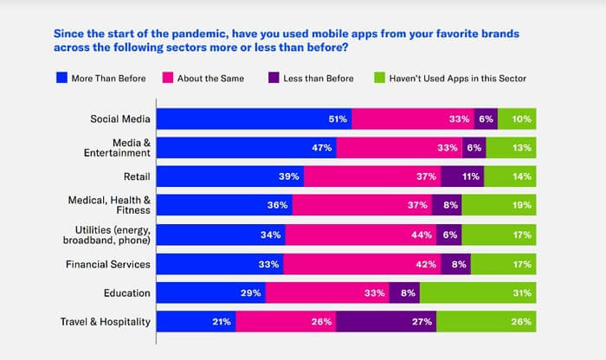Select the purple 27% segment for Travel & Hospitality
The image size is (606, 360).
click(386, 323)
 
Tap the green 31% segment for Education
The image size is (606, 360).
click(478, 293)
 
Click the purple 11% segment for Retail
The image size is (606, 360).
click(462, 177)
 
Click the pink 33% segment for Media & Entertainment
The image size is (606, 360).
click(399, 148)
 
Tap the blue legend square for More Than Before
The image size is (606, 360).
click(61, 79)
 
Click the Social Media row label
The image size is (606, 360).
click(120, 119)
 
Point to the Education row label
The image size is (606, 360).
click(127, 293)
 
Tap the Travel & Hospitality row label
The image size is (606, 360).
click(106, 323)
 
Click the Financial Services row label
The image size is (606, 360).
click(107, 265)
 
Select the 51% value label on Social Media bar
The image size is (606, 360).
click(338, 119)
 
